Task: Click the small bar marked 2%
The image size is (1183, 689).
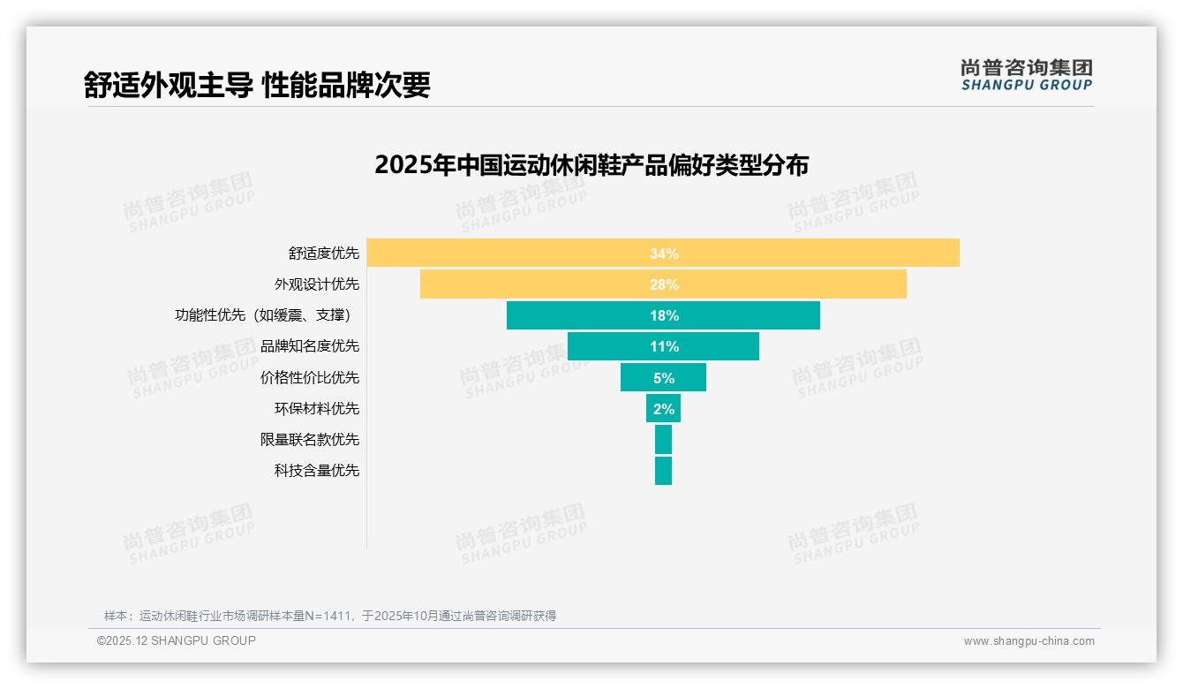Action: click(663, 408)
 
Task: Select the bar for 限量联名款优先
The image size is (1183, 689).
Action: click(663, 439)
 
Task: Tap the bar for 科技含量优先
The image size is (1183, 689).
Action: click(663, 470)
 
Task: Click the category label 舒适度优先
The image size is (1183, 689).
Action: click(324, 254)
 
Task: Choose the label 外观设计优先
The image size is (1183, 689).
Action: click(317, 284)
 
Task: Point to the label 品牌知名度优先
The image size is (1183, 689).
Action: click(310, 346)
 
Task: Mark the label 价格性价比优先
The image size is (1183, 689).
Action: click(310, 377)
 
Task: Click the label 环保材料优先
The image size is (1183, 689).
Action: click(317, 408)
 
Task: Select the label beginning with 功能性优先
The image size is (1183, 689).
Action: click(267, 315)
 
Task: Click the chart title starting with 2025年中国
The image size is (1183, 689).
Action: click(591, 165)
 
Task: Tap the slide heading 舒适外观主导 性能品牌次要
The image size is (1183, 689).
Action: click(257, 85)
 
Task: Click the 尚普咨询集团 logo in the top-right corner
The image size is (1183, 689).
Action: click(1026, 74)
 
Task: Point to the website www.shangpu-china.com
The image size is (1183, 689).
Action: click(1029, 641)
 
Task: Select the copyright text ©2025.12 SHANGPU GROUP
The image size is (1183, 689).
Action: click(177, 640)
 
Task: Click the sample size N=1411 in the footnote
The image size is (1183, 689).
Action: click(327, 616)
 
